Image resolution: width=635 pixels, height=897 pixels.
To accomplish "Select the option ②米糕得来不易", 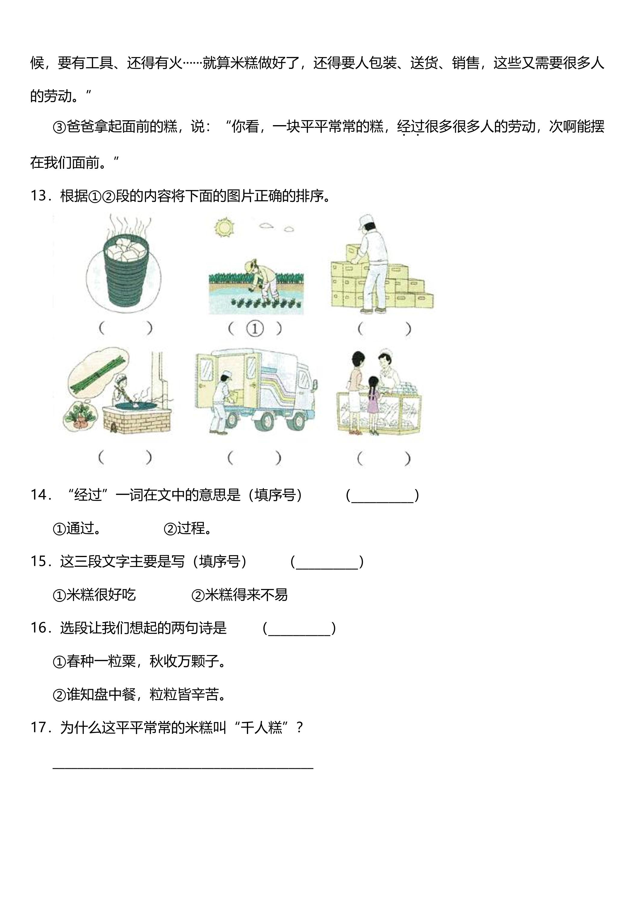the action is [x=239, y=595].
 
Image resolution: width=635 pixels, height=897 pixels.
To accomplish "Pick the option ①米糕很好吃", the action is [x=94, y=595].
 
